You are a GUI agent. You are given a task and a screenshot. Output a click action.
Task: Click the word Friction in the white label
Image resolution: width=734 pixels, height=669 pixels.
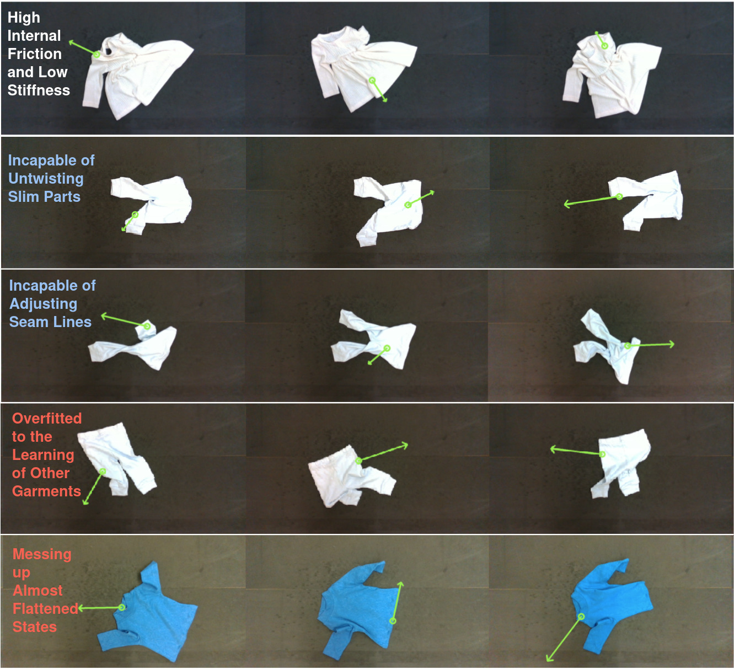click(35, 54)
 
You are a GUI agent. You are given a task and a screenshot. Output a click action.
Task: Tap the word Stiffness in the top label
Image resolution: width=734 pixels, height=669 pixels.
click(39, 90)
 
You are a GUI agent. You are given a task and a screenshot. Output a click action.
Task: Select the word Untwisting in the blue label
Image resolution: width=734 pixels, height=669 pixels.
click(46, 179)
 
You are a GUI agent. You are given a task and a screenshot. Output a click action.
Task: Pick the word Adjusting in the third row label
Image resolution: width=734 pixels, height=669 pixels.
click(43, 304)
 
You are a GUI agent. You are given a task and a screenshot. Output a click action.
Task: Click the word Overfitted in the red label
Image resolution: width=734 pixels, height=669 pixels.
click(47, 418)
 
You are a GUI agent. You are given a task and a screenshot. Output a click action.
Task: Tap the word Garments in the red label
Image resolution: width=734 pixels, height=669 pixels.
click(46, 491)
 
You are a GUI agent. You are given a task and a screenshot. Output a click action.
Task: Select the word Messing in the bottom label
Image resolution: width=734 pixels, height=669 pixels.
click(42, 554)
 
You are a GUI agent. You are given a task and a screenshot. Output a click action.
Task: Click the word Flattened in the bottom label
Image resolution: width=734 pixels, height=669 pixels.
click(45, 608)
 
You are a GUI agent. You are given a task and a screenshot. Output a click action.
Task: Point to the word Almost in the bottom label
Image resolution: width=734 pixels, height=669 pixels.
click(37, 590)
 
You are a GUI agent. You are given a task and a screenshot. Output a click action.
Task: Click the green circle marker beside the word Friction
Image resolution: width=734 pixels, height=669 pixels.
click(97, 55)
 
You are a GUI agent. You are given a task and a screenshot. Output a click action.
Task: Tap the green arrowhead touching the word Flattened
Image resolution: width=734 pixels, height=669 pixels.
click(81, 608)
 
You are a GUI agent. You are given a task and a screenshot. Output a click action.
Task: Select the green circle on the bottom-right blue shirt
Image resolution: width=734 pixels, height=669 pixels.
click(581, 617)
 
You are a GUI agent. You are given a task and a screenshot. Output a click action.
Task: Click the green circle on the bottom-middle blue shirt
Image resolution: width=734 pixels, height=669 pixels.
click(393, 621)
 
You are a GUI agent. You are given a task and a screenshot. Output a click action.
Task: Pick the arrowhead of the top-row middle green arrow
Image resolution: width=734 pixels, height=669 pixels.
click(385, 100)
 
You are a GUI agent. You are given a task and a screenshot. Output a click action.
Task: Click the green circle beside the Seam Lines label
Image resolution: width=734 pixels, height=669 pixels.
click(147, 326)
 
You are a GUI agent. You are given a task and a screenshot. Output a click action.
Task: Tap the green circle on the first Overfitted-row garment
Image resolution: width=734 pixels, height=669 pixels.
click(103, 472)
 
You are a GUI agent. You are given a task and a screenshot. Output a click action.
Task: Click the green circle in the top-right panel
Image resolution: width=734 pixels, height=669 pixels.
click(605, 46)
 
